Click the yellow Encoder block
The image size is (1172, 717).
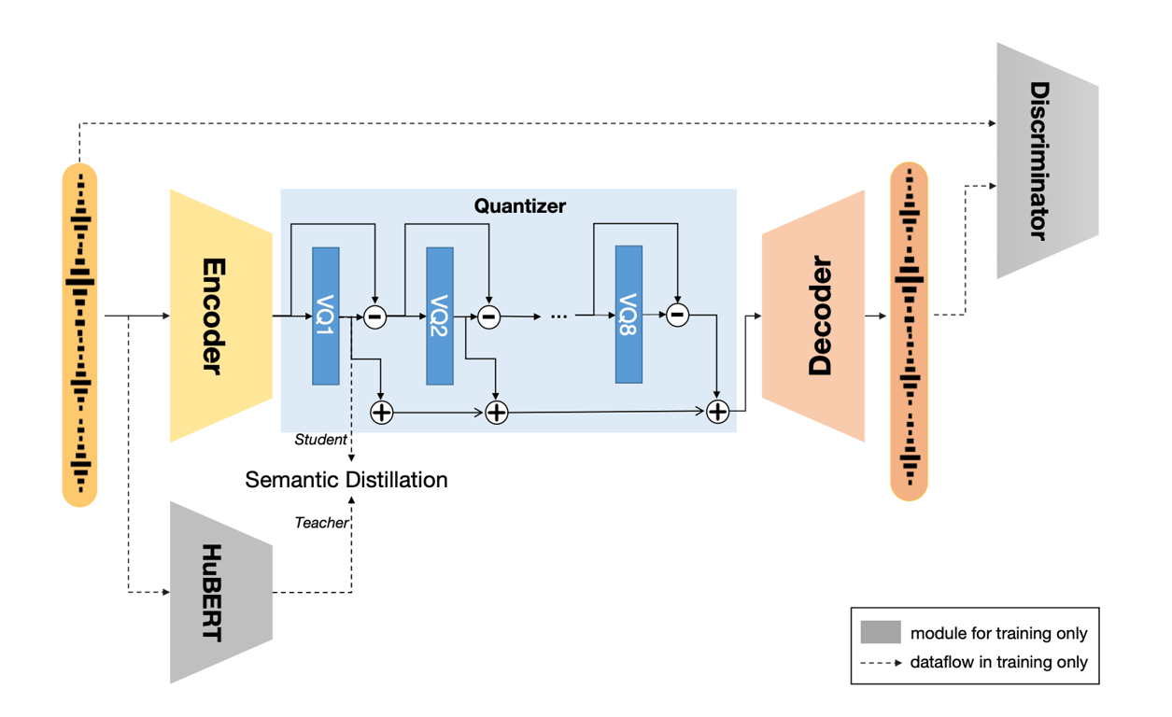220,316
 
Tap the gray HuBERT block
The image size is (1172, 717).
220,592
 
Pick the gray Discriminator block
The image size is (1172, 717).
1047,160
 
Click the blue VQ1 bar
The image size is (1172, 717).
326,316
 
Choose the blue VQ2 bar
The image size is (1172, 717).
440,316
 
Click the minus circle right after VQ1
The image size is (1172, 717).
374,317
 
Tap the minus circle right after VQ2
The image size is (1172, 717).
488,317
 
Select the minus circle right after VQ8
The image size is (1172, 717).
678,315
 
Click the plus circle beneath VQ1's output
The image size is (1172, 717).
381,412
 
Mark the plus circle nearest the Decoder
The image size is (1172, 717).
717,412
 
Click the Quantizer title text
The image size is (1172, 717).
519,205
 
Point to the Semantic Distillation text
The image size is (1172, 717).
346,480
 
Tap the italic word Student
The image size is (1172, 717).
320,439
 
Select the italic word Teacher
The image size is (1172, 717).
321,523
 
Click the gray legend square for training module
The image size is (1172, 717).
880,632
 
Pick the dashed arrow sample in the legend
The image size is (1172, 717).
880,663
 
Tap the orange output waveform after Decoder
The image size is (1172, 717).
909,331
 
